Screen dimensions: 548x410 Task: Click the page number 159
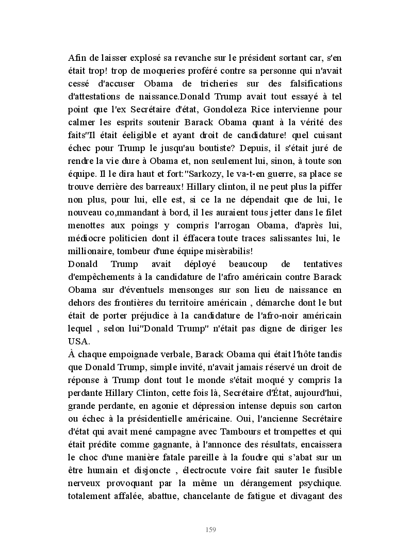[210, 529]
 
